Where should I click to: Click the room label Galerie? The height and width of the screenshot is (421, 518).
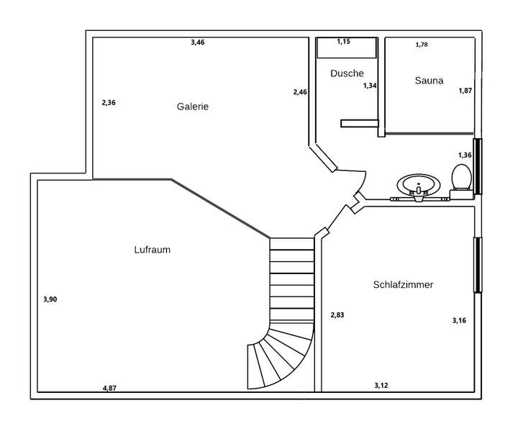(x=193, y=107)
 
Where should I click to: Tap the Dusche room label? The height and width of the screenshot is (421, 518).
(x=347, y=73)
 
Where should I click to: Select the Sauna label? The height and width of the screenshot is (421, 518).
(x=429, y=81)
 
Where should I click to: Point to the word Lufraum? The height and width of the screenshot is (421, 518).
(x=152, y=250)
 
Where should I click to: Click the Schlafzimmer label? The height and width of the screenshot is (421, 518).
(x=403, y=285)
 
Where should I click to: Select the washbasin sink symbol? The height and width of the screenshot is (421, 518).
(x=417, y=186)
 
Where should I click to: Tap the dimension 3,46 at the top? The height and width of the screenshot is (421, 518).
(x=198, y=42)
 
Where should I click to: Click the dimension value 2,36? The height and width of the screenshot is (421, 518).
(x=109, y=103)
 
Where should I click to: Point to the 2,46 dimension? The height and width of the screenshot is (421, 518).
(x=300, y=92)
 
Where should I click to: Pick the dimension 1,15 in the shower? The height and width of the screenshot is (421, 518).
(x=345, y=42)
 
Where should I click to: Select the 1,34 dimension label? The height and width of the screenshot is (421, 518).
(x=370, y=86)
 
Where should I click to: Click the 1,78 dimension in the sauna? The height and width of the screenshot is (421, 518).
(x=422, y=45)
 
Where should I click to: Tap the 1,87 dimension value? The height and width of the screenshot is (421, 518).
(x=466, y=91)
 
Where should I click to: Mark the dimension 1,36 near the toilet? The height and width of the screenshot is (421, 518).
(x=465, y=155)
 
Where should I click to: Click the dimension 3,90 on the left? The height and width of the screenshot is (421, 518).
(x=50, y=299)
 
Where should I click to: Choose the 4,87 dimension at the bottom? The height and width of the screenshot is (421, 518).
(x=109, y=389)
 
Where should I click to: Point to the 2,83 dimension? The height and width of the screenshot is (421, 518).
(x=337, y=314)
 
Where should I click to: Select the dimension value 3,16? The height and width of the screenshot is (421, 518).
(x=459, y=321)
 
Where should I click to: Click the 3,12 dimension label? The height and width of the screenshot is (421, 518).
(x=381, y=386)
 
